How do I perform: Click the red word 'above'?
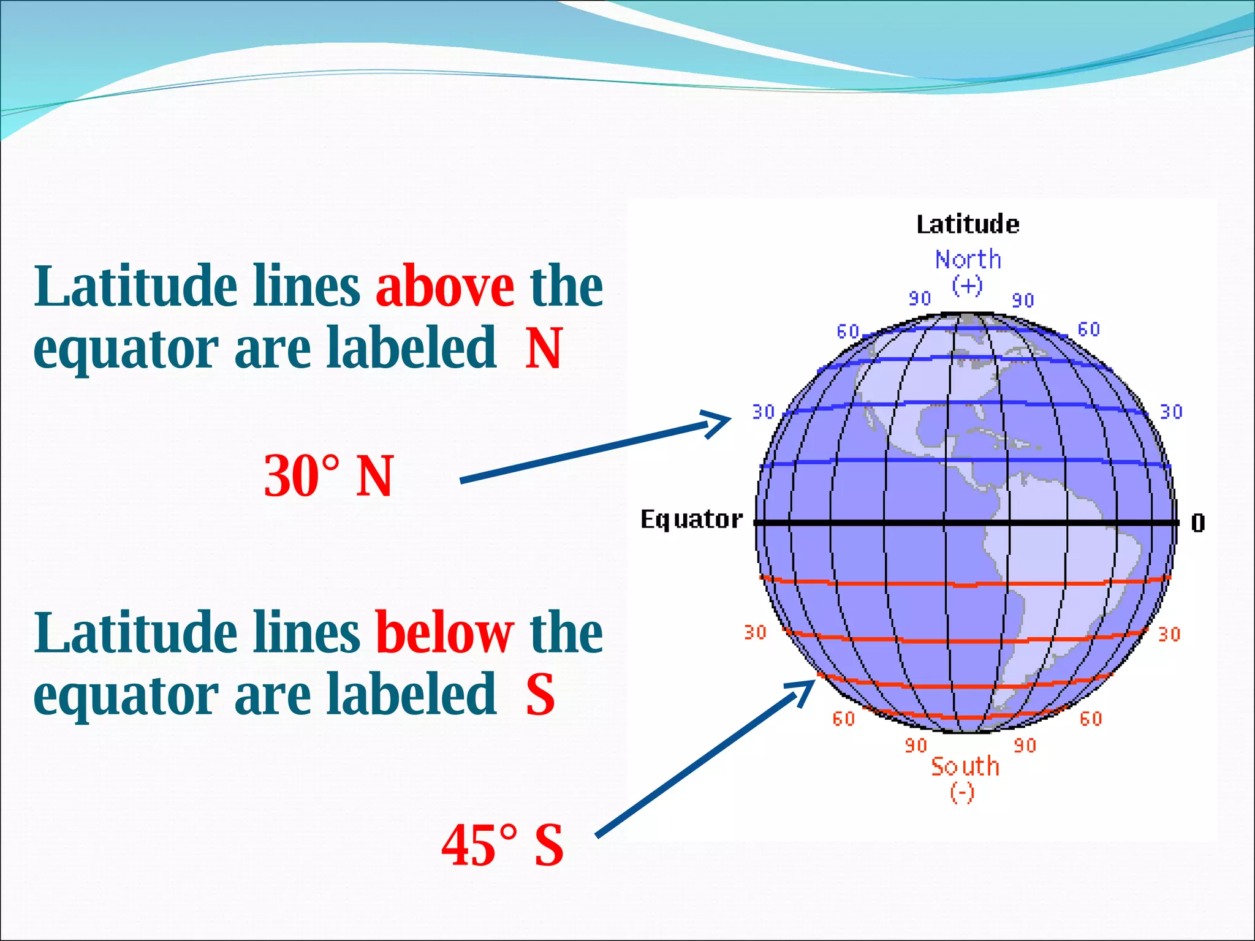[445, 287]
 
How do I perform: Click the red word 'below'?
[444, 633]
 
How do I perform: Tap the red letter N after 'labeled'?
[544, 348]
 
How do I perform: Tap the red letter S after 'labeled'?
[540, 694]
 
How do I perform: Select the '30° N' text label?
[328, 476]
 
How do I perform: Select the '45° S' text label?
[502, 845]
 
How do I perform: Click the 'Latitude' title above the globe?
[968, 224]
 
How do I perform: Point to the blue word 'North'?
[968, 260]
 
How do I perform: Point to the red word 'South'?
[965, 766]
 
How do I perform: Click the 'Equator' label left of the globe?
[691, 520]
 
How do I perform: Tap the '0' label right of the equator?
[1198, 523]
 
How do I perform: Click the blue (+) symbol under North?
[967, 285]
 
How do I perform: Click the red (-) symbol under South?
[962, 793]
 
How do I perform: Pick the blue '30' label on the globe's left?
[764, 412]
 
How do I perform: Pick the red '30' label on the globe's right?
[1169, 634]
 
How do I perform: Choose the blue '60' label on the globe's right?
[1089, 330]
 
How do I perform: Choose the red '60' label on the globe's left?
[844, 719]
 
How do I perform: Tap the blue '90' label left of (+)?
[920, 298]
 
